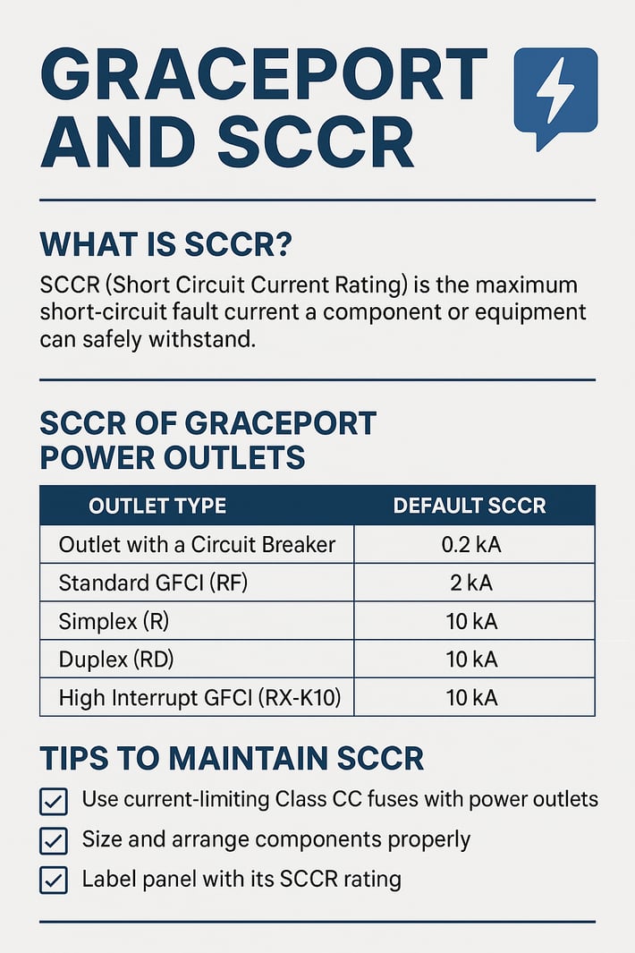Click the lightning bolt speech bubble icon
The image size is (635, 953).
point(555,94)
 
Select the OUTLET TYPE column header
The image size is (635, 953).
point(157,506)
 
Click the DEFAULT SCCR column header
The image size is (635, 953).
point(470,506)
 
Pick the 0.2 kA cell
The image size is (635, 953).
point(471,544)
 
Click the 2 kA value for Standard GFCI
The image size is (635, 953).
point(471,583)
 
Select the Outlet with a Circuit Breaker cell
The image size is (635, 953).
point(197,544)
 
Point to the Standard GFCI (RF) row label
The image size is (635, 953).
point(153,583)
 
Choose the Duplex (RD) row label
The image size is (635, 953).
point(116,659)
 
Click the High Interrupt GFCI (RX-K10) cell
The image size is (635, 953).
point(199,698)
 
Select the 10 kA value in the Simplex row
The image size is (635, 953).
point(471,621)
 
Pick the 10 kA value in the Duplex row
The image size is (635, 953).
point(471,659)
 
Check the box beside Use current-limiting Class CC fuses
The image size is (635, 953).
point(54,802)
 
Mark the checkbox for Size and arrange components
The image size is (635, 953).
point(54,841)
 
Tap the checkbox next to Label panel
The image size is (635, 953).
point(54,881)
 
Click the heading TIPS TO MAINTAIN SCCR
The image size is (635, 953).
point(232,759)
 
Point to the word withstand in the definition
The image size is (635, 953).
point(213,340)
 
